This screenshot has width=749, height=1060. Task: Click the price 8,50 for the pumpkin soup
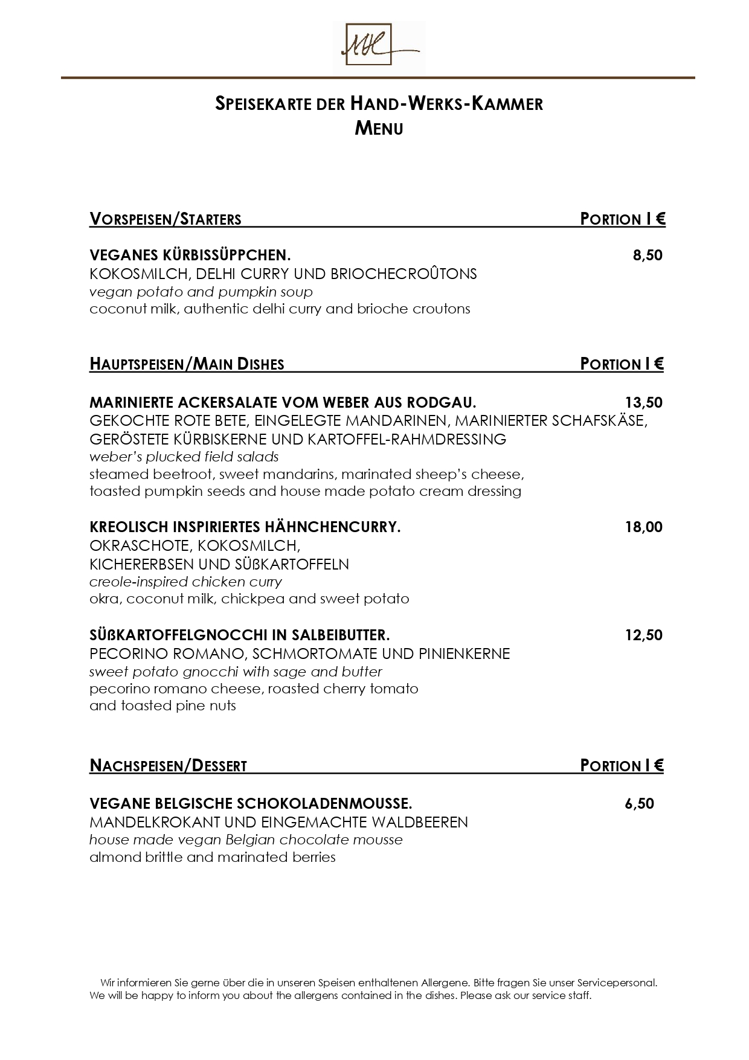tap(648, 255)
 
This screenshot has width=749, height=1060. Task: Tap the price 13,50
tap(643, 402)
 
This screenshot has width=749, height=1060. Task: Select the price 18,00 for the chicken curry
tap(643, 527)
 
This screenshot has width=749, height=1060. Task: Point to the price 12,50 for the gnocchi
tap(643, 635)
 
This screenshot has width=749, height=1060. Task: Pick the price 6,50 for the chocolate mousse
tap(639, 804)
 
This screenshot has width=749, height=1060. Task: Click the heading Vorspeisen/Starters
tap(166, 219)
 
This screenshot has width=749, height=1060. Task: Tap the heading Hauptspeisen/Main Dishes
tap(187, 364)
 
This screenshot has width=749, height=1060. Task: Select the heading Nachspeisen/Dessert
tap(168, 766)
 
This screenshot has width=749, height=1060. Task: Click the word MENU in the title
tap(379, 129)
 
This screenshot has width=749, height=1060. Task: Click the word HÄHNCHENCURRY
tap(339, 527)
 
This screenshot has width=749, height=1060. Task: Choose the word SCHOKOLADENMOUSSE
tap(325, 804)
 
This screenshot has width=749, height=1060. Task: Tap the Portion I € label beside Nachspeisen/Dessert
tap(622, 766)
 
